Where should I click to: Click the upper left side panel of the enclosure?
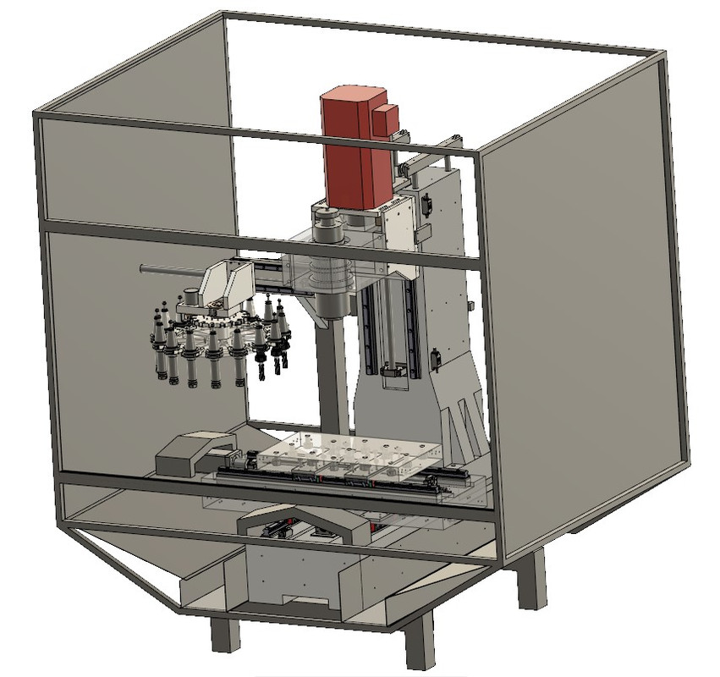(135, 169)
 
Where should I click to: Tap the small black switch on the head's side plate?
(426, 204)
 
